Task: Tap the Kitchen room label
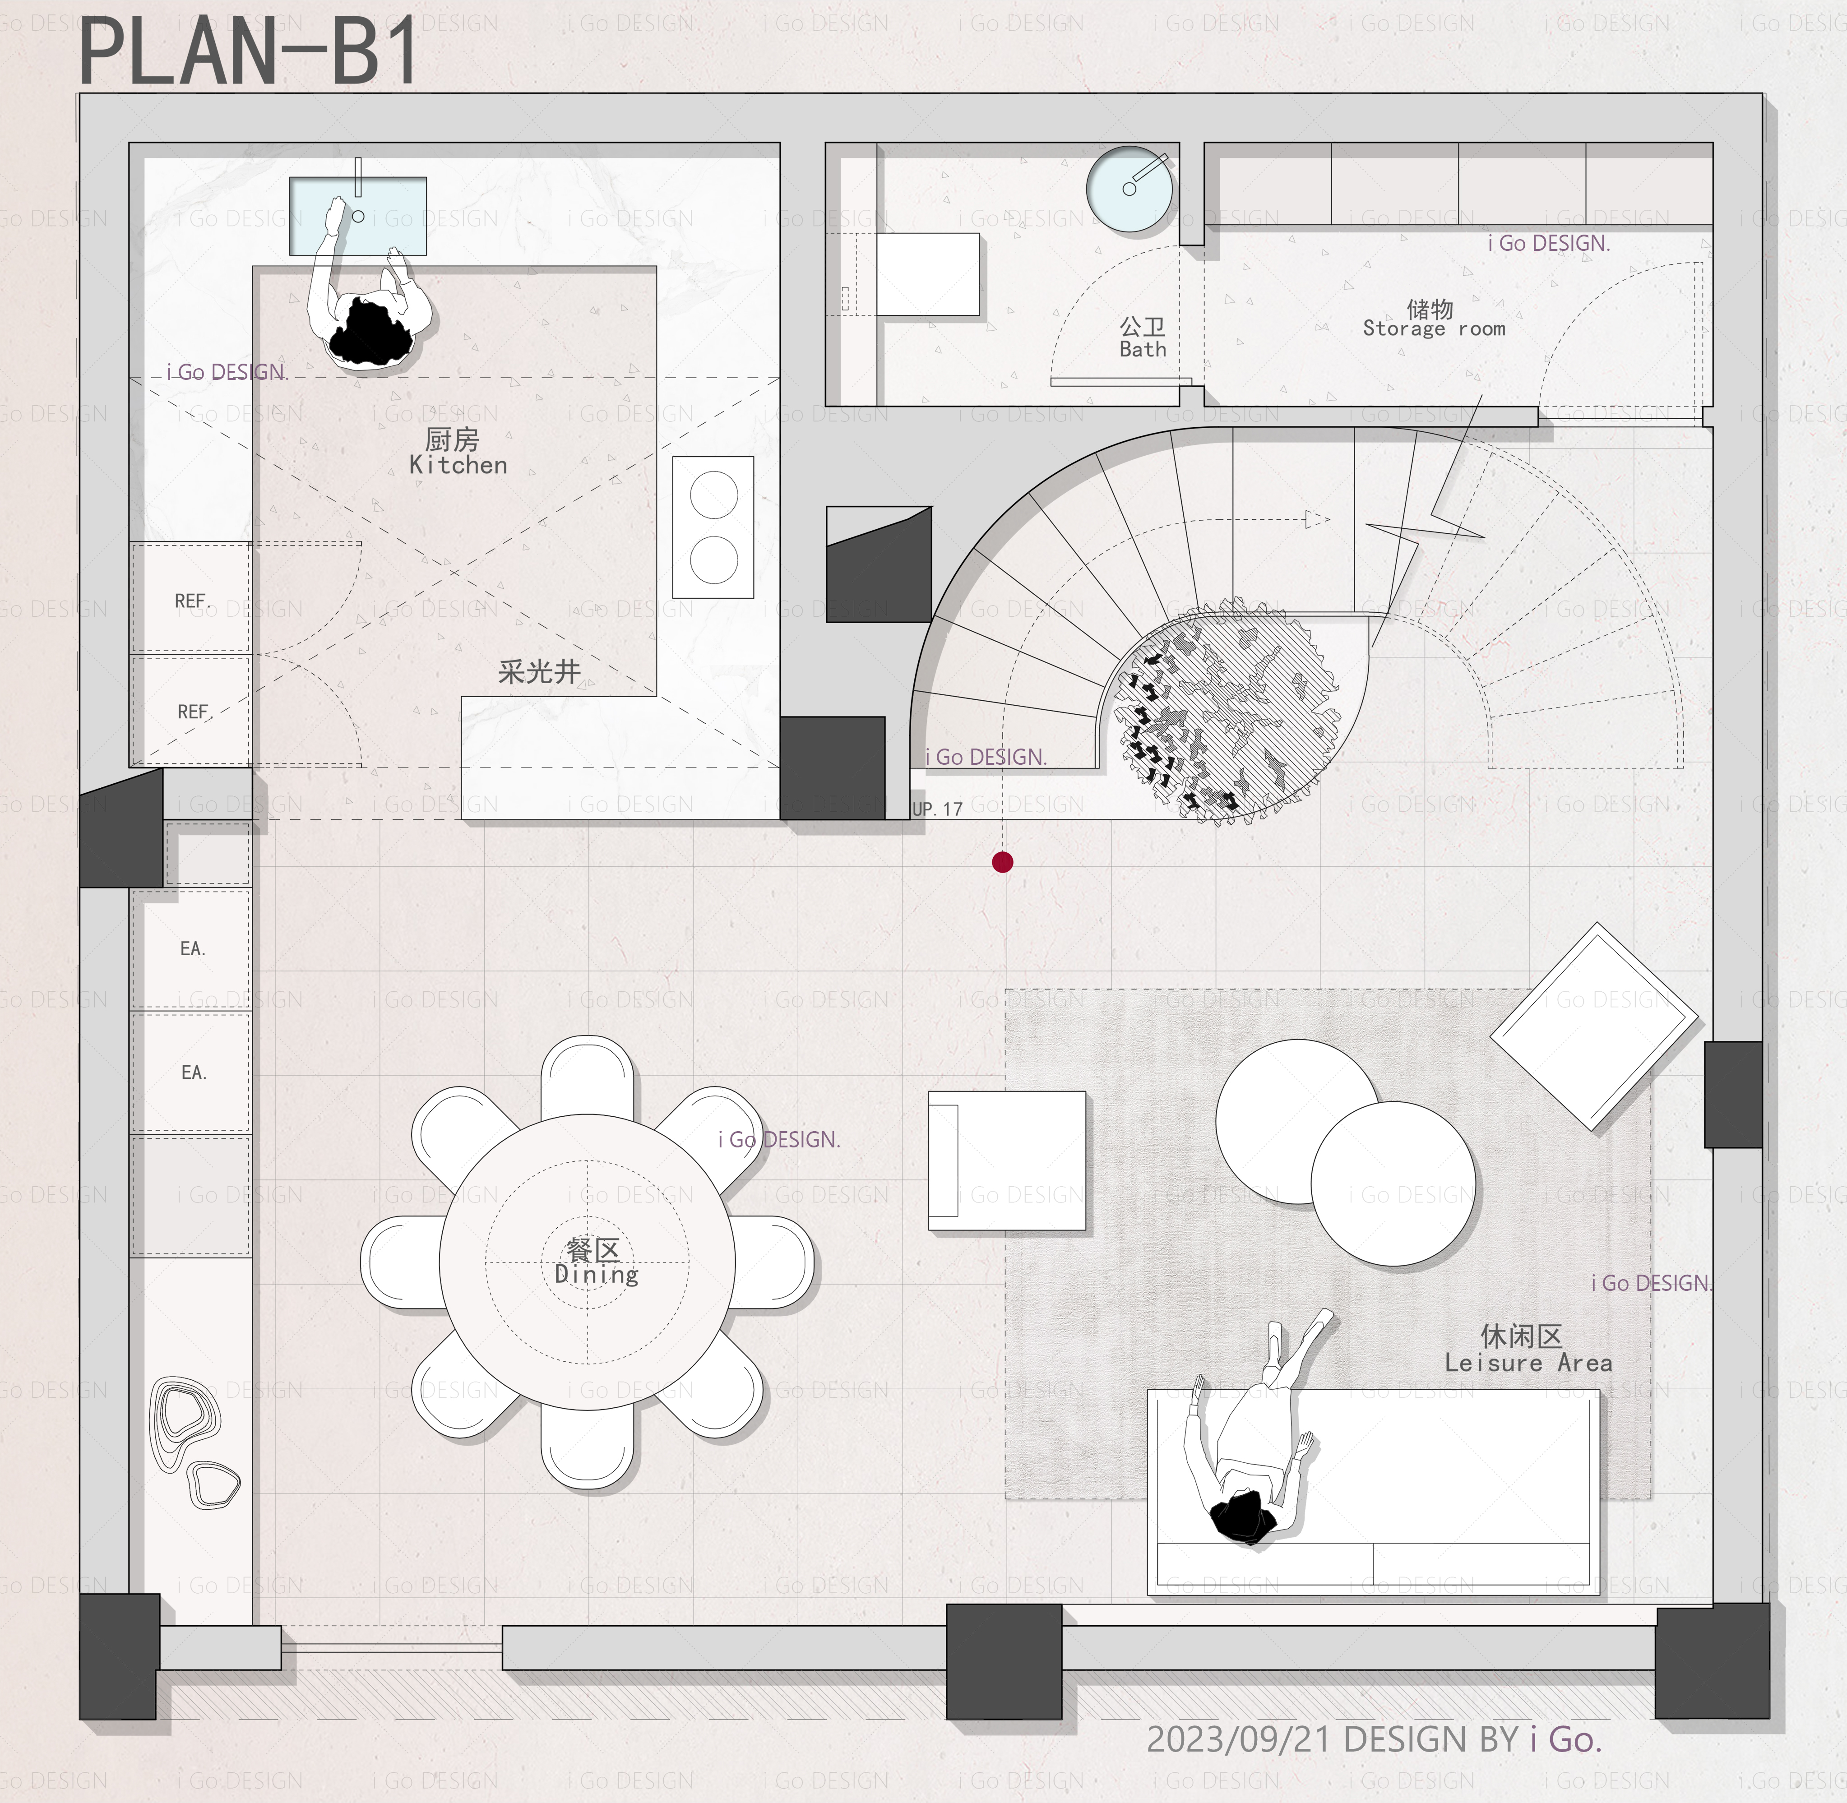tap(458, 465)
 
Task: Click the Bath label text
tap(1143, 349)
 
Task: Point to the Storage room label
tap(1434, 328)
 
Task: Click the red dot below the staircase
tap(1002, 862)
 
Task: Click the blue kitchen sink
tap(358, 216)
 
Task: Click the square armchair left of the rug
tap(1007, 1161)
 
